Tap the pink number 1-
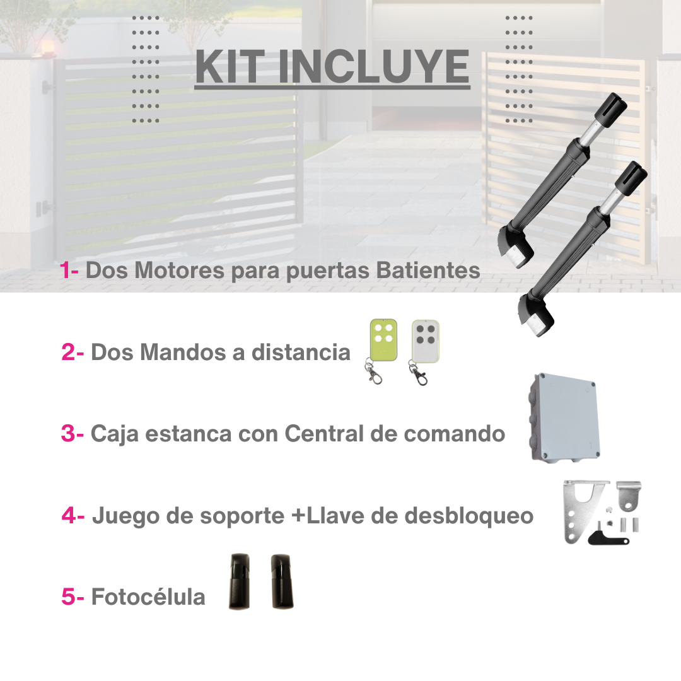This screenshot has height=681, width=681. pos(69,271)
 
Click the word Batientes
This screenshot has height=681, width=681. pos(428,271)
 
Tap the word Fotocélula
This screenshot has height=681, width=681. pos(148,597)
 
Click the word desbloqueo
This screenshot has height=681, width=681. pos(469,516)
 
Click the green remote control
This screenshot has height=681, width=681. pos(383,340)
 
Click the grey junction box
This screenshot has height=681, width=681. pos(563,416)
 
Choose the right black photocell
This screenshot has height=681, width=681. pos(283,581)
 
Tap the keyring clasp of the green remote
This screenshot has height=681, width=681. pos(376,376)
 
